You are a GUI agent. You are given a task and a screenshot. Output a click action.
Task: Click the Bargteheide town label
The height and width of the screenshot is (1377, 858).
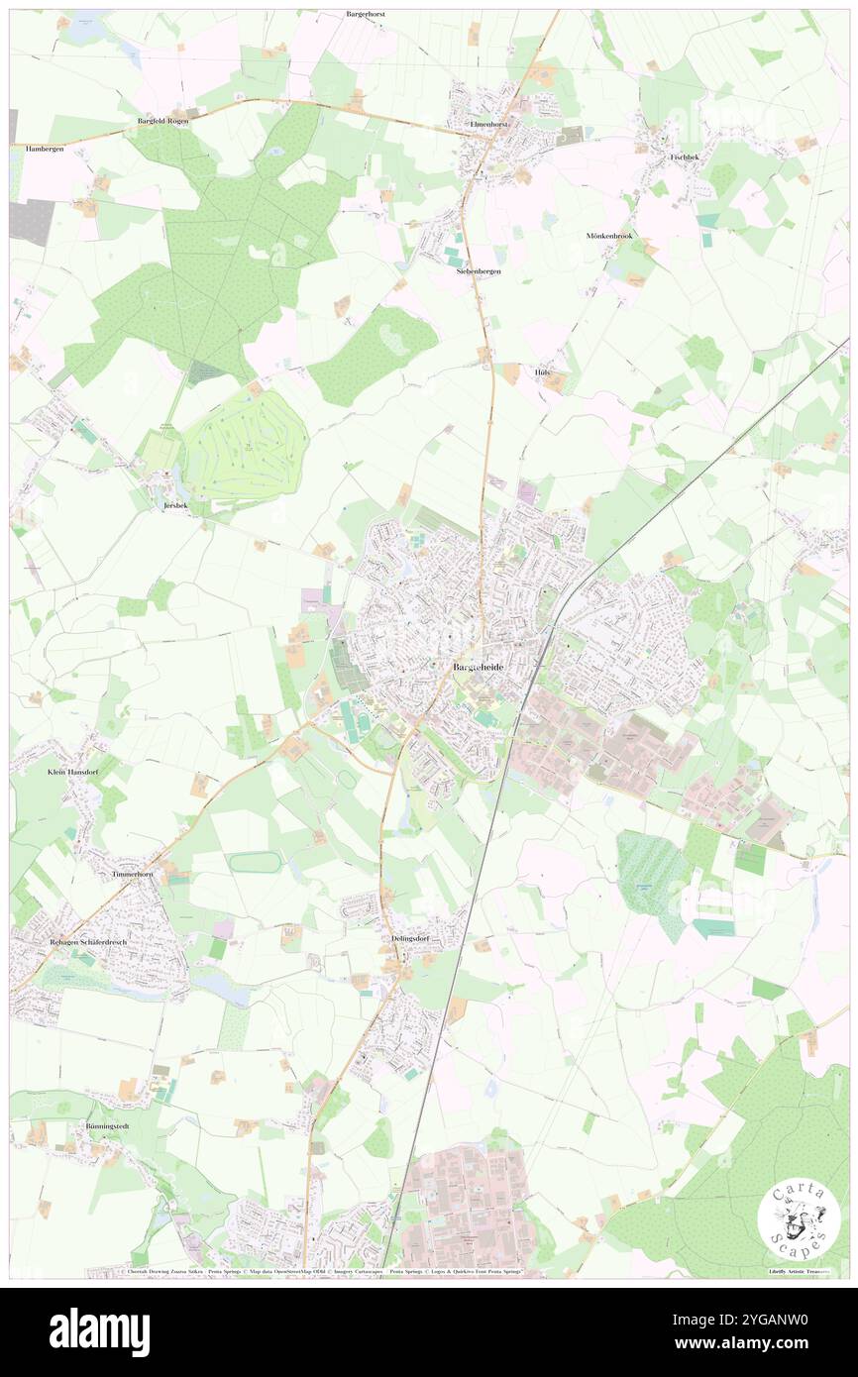[x=479, y=668]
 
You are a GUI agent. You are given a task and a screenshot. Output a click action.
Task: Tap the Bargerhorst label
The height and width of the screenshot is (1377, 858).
[x=366, y=15]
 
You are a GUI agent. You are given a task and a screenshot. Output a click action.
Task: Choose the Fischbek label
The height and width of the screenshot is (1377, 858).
[x=685, y=157]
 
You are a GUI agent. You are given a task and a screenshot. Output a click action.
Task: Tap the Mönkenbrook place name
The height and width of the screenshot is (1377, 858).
[x=608, y=236]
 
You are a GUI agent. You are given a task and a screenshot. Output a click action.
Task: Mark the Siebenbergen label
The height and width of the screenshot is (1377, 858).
[x=478, y=270]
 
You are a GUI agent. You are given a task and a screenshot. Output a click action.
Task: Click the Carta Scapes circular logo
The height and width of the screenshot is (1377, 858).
[x=799, y=1220]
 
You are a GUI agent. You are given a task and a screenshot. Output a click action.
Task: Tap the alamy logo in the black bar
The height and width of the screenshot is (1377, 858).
[x=99, y=1331]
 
